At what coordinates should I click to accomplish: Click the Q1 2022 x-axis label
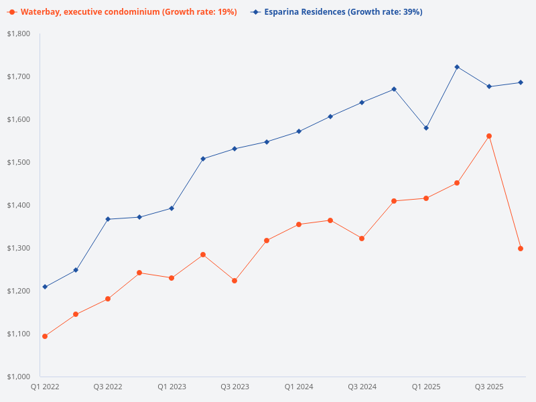click(45, 387)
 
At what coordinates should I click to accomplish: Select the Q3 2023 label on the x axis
click(234, 387)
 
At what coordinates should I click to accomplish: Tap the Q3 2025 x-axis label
click(489, 387)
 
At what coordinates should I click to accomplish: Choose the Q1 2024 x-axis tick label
click(298, 387)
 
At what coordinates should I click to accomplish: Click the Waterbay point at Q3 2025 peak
click(489, 136)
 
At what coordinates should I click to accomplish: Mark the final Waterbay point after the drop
click(521, 249)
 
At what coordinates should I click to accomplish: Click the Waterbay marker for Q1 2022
click(45, 336)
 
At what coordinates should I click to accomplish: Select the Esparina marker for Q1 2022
click(45, 287)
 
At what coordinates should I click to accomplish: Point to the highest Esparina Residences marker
click(457, 67)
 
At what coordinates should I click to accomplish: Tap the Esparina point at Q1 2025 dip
click(425, 128)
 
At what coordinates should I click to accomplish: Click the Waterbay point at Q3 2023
click(234, 281)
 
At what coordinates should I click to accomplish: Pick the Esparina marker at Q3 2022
click(108, 219)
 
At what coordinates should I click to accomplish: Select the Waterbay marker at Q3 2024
click(362, 239)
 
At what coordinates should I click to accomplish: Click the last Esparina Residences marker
click(521, 82)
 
